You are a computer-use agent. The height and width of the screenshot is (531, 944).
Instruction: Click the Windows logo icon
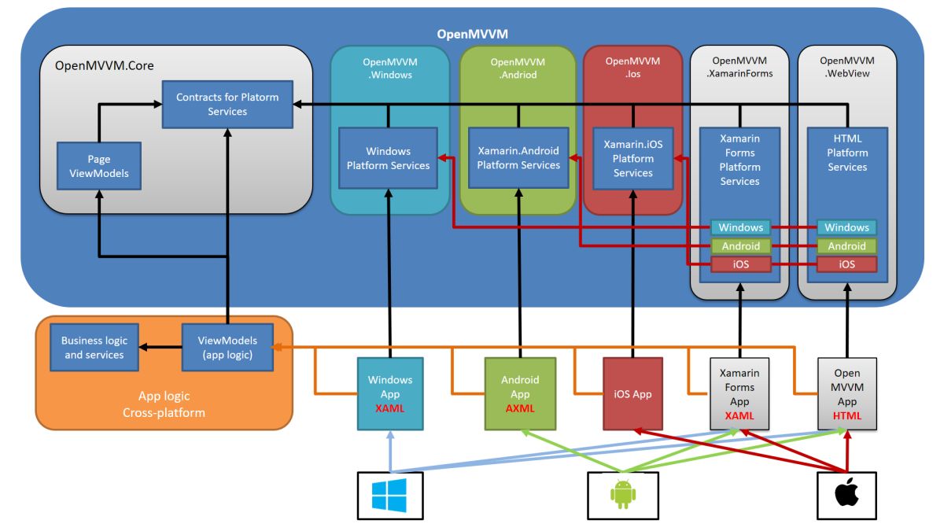click(389, 496)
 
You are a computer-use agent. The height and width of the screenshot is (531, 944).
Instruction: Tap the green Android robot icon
click(622, 496)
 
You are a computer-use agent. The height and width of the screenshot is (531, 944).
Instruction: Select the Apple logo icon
click(846, 496)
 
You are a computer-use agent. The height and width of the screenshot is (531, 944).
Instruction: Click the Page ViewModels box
click(99, 166)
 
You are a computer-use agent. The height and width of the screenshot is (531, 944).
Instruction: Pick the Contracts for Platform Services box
click(227, 104)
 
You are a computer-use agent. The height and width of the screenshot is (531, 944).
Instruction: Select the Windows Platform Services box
click(388, 158)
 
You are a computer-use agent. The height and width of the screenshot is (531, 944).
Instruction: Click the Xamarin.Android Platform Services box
click(518, 158)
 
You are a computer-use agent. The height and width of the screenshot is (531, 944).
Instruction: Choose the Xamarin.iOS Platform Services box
click(633, 158)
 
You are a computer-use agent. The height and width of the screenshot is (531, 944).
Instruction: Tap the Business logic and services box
click(94, 348)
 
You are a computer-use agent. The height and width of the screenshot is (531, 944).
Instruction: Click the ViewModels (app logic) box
click(227, 348)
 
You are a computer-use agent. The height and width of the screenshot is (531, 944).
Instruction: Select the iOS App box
click(632, 394)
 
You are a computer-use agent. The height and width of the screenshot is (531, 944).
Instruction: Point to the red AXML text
click(519, 408)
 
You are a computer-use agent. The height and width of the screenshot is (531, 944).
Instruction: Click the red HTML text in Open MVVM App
click(846, 415)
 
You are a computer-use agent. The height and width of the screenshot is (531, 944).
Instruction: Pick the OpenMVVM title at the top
click(472, 35)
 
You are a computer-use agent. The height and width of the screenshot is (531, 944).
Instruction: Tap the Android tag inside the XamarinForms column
click(740, 246)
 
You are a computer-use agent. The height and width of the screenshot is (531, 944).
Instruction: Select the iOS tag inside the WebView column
click(846, 264)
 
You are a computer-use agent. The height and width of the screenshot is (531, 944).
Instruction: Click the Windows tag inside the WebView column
click(846, 227)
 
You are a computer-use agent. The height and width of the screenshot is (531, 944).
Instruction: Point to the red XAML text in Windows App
click(389, 408)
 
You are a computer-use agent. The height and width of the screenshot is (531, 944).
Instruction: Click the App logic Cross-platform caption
click(164, 404)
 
